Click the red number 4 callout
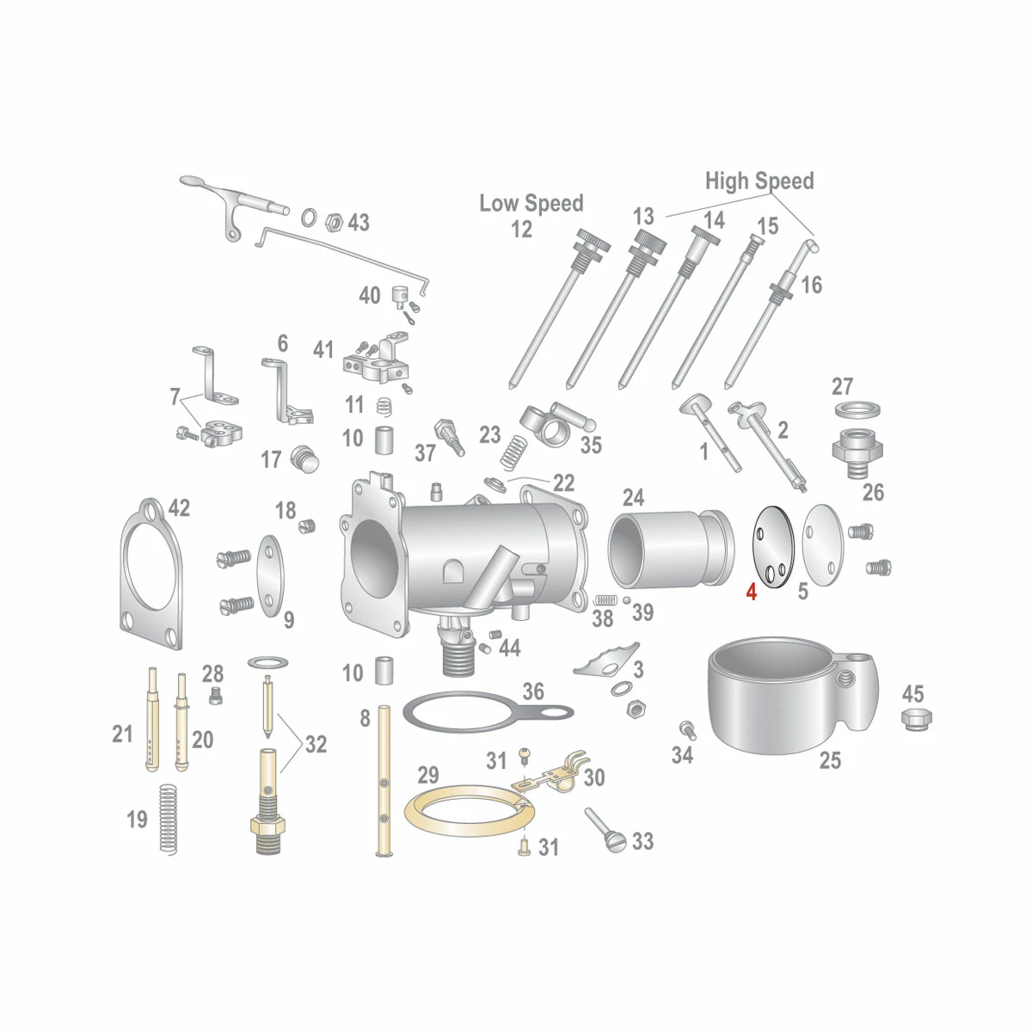click(x=752, y=592)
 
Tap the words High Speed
click(x=759, y=181)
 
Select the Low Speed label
click(x=531, y=204)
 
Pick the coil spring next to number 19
click(x=169, y=820)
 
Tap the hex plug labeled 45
click(x=916, y=719)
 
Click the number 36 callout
click(x=533, y=691)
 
